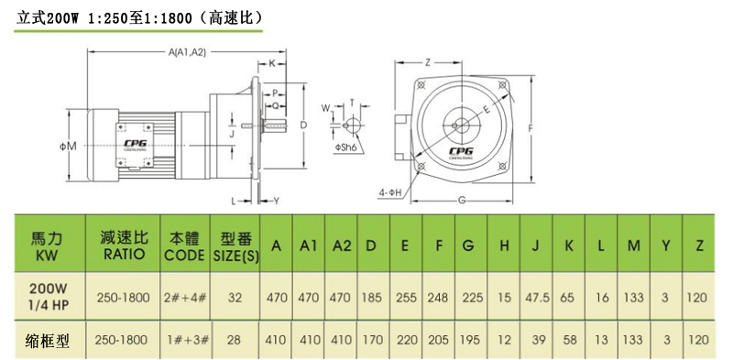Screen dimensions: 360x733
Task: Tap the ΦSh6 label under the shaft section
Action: click(345, 147)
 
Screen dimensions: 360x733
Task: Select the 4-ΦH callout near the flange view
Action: click(389, 192)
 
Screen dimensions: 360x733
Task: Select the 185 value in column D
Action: click(373, 298)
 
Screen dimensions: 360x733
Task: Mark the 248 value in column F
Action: click(439, 298)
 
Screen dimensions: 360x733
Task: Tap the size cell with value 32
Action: click(235, 298)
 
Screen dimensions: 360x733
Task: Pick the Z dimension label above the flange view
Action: click(428, 61)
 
